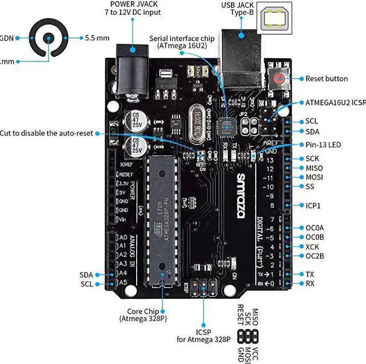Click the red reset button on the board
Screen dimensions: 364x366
point(280,79)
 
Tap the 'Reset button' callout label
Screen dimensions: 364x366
point(326,79)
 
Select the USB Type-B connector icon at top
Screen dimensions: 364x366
point(279,19)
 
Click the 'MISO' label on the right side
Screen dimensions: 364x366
point(314,168)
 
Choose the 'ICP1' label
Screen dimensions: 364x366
point(313,205)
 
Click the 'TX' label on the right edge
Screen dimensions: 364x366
point(310,274)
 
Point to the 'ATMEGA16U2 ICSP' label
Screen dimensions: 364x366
point(334,103)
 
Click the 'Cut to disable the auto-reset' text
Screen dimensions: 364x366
point(46,133)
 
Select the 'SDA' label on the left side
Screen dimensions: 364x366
point(86,275)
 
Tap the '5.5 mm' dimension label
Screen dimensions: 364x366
point(97,38)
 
